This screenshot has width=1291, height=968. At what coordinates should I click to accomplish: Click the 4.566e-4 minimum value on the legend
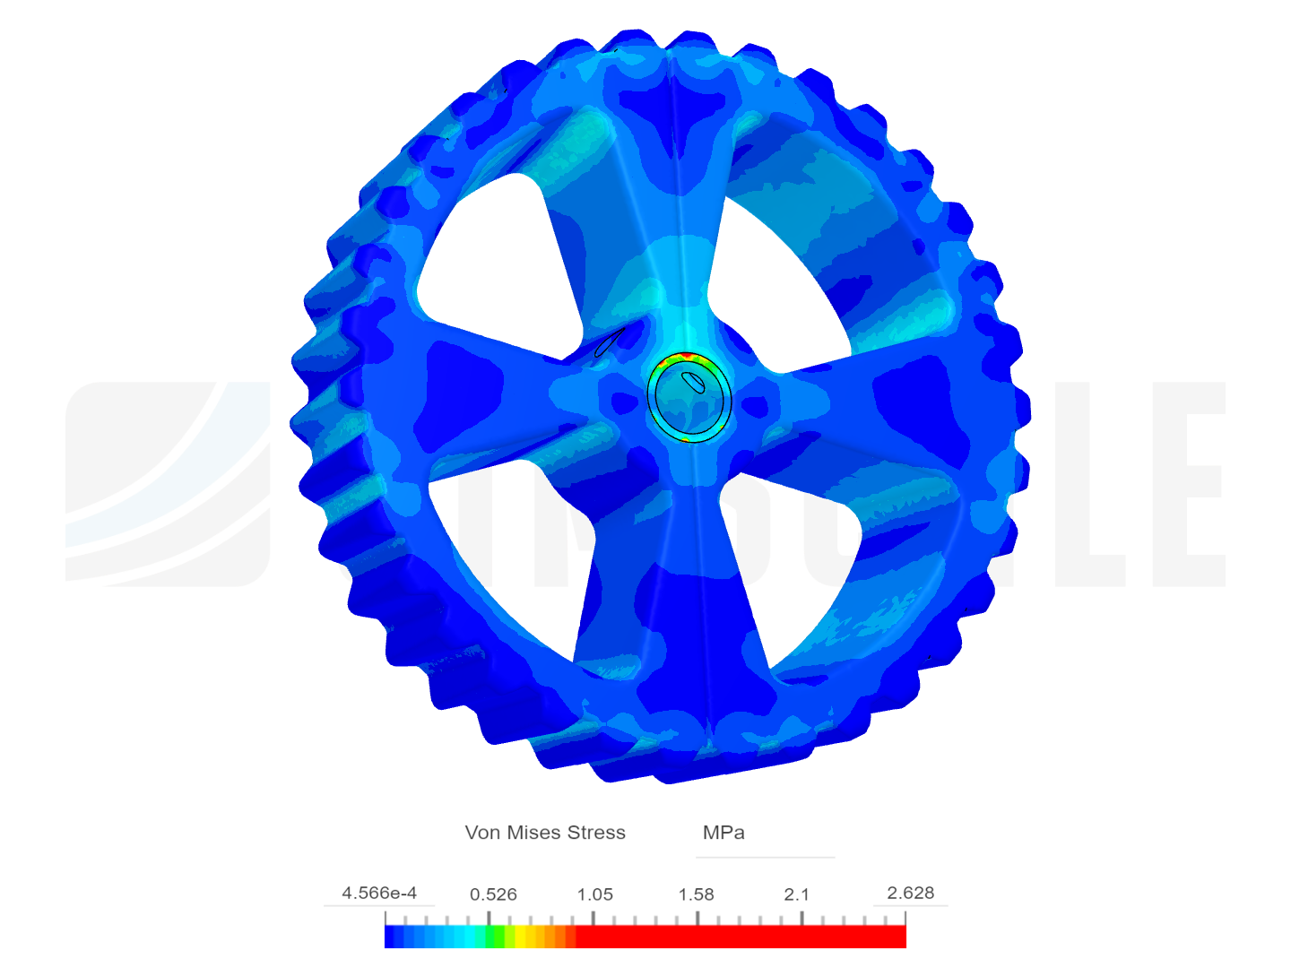[379, 893]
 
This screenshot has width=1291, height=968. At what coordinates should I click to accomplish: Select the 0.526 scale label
[493, 895]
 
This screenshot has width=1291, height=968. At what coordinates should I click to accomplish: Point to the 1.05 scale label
[594, 895]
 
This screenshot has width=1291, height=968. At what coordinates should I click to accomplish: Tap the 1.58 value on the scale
[696, 895]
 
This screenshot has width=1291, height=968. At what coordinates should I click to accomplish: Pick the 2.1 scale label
[796, 895]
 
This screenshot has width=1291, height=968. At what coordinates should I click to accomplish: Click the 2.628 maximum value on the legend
[910, 893]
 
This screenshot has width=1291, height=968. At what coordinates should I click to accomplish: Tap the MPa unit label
[723, 833]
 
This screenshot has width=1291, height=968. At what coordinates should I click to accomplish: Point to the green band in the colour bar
[494, 937]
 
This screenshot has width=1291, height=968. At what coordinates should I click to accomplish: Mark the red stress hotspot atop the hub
[686, 358]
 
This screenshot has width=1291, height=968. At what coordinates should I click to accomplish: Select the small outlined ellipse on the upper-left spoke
[610, 341]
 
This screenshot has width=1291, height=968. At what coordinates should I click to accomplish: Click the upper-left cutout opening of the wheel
[493, 260]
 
